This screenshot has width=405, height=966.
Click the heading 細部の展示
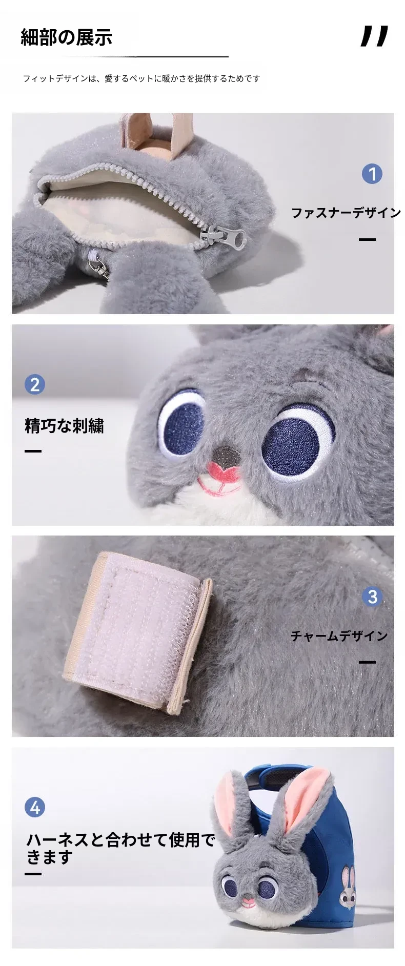tap(66, 37)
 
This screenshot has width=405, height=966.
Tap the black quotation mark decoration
tap(374, 36)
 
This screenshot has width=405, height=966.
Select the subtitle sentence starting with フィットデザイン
tap(141, 78)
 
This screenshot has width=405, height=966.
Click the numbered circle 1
tap(372, 174)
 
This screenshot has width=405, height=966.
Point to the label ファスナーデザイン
tap(346, 212)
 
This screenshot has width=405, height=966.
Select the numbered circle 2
tap(35, 384)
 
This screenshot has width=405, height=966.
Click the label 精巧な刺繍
tap(65, 425)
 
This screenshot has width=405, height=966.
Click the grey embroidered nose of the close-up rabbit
tap(226, 454)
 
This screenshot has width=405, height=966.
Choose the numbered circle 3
tap(372, 597)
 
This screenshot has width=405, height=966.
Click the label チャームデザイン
tap(339, 635)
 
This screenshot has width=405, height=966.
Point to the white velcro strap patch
tap(137, 631)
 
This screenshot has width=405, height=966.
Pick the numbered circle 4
tap(35, 807)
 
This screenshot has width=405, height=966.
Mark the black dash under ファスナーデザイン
tap(367, 239)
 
